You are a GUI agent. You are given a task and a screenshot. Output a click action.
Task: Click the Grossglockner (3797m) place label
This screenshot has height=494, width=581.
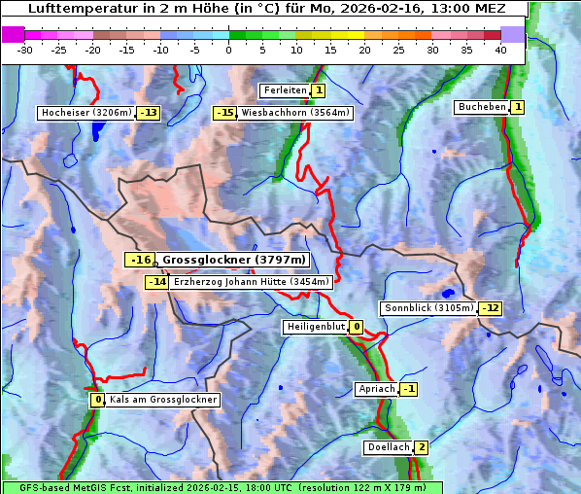pyautogui.click(x=233, y=260)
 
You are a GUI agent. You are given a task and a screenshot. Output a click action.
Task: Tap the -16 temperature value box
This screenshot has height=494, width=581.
pyautogui.click(x=140, y=260)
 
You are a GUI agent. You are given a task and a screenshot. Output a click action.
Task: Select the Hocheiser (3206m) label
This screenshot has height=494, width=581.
pyautogui.click(x=85, y=113)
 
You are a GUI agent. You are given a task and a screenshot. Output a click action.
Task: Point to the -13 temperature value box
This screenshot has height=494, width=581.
pyautogui.click(x=148, y=113)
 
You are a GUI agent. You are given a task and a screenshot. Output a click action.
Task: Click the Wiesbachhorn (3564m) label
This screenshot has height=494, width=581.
pyautogui.click(x=295, y=113)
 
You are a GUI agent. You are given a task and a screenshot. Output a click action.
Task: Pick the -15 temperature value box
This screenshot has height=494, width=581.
pyautogui.click(x=225, y=113)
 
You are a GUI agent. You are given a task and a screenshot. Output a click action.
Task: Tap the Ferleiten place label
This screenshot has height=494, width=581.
pyautogui.click(x=285, y=90)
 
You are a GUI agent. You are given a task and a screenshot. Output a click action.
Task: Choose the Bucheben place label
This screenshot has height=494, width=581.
pyautogui.click(x=482, y=106)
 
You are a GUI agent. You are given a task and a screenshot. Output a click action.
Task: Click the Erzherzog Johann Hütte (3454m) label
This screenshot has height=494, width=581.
pyautogui.click(x=253, y=282)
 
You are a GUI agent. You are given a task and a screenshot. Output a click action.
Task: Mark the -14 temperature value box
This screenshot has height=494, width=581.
pyautogui.click(x=156, y=282)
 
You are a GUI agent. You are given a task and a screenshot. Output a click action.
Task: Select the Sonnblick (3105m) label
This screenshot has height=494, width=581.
pyautogui.click(x=429, y=308)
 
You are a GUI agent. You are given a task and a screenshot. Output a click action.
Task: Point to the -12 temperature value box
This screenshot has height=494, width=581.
pyautogui.click(x=491, y=308)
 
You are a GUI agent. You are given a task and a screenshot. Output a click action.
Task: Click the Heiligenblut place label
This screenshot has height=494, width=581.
pyautogui.click(x=315, y=327)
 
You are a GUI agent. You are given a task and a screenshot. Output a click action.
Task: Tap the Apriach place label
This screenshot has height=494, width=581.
pyautogui.click(x=376, y=389)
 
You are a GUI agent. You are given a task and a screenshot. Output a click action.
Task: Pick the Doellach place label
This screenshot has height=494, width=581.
pyautogui.click(x=388, y=447)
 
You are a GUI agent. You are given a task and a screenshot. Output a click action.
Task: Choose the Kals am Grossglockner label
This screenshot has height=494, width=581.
pyautogui.click(x=162, y=400)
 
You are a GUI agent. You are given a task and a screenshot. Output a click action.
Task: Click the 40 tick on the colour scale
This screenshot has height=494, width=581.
pyautogui.click(x=500, y=50)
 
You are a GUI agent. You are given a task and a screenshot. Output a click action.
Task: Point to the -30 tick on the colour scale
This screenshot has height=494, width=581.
pyautogui.click(x=25, y=50)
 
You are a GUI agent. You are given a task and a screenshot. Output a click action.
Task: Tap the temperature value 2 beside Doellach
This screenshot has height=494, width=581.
pyautogui.click(x=421, y=447)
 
